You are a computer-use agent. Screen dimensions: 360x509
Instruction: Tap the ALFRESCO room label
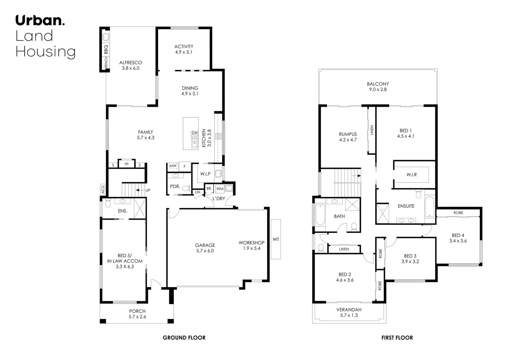point(130,62)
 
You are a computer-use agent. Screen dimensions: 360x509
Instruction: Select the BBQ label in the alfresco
point(106,50)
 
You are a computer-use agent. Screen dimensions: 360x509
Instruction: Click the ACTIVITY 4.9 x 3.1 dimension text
point(183,52)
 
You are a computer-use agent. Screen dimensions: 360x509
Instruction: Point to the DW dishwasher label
point(195,133)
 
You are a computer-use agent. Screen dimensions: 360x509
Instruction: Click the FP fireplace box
point(126,164)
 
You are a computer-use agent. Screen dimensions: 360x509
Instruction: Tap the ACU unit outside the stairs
point(103,189)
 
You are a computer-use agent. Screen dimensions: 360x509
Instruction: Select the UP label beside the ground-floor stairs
point(148,190)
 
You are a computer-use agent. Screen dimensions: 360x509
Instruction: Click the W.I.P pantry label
point(205,174)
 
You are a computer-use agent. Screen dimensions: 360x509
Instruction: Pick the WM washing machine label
point(220,189)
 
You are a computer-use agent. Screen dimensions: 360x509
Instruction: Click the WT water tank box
point(276,239)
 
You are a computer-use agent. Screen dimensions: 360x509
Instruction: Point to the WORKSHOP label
point(251,243)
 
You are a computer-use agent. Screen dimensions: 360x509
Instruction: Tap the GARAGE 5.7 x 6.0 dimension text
point(205,251)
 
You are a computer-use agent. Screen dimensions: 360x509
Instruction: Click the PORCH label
point(137,311)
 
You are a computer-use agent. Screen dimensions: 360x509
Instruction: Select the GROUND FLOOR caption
point(184,338)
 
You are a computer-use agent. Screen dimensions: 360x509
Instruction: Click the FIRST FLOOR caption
point(397,338)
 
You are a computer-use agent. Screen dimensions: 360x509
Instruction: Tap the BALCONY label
point(378,84)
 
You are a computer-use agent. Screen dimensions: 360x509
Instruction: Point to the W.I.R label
point(411,175)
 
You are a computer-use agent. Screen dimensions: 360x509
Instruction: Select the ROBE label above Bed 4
point(458,213)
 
